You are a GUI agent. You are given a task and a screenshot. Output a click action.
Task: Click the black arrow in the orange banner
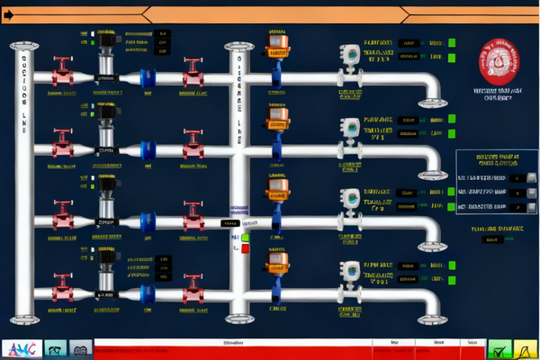8,13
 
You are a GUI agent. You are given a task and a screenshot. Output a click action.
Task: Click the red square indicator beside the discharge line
246,247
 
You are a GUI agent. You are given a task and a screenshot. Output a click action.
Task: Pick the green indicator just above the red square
246,237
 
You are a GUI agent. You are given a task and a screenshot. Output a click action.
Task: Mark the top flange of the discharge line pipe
238,45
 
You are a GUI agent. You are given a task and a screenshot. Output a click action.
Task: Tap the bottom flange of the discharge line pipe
238,317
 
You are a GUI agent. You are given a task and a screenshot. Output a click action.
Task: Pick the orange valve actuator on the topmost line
277,41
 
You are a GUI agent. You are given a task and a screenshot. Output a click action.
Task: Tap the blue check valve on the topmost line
148,78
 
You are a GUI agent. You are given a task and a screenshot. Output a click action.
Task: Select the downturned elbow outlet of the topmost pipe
432,90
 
